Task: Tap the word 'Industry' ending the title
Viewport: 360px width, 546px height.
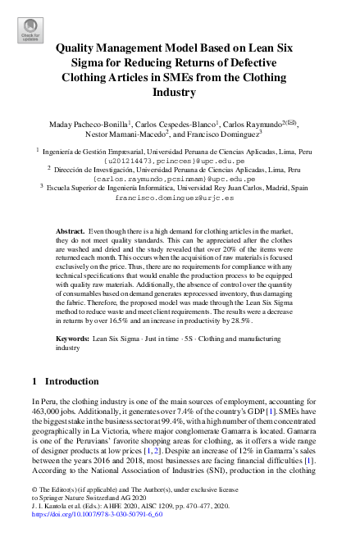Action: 180,93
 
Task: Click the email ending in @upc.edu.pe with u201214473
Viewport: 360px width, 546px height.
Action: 180,162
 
